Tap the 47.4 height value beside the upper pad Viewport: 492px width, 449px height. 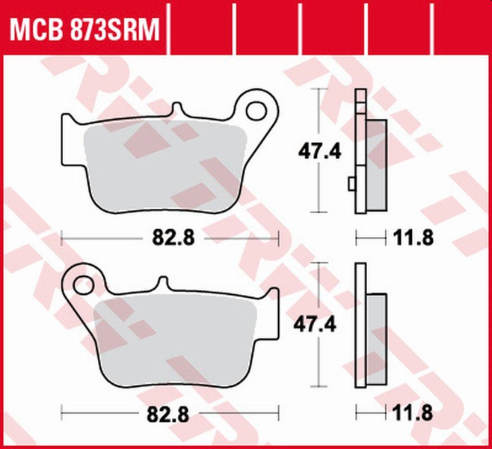[322, 152]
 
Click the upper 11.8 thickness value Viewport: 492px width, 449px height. [413, 238]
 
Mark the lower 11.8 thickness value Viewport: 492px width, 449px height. [413, 411]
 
